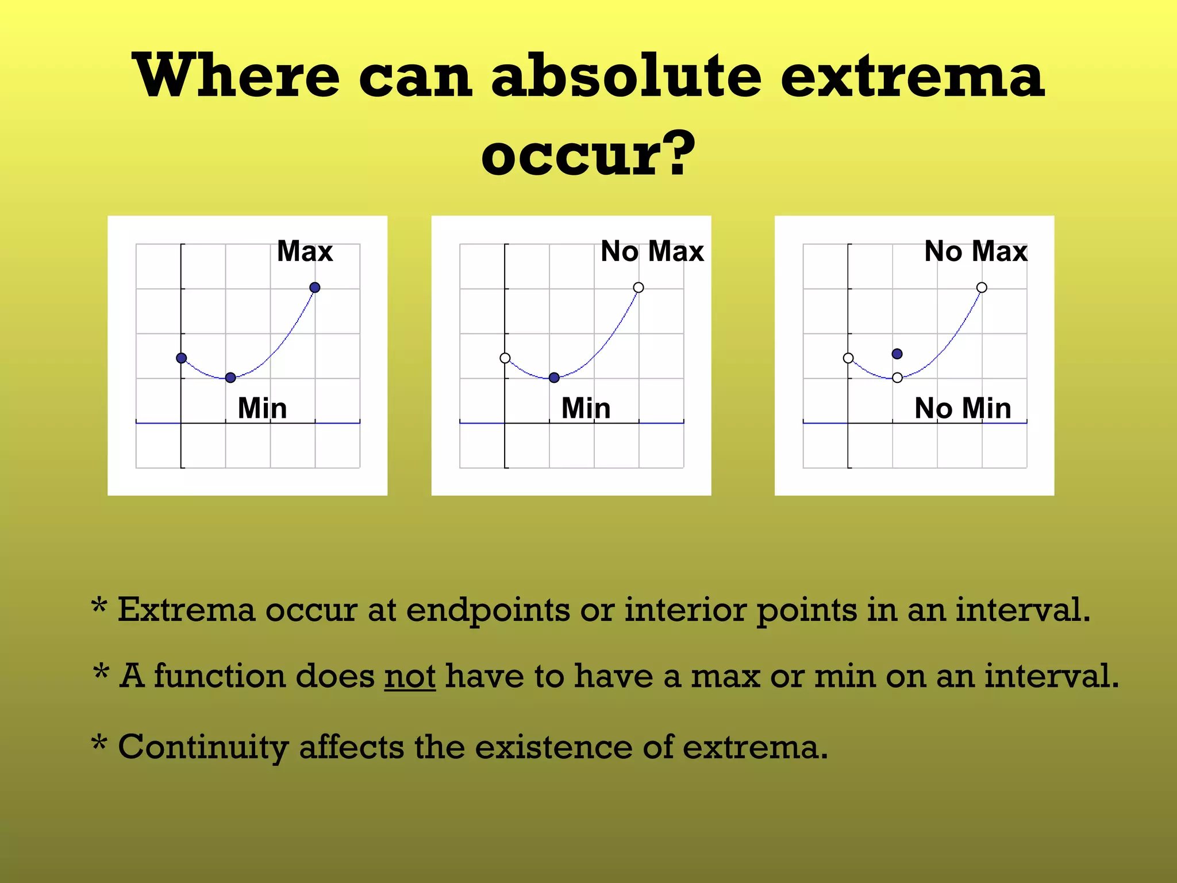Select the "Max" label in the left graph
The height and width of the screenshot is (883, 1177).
[x=305, y=251]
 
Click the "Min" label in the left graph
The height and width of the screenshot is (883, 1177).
[x=262, y=408]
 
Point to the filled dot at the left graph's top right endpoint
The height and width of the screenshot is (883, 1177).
[x=314, y=287]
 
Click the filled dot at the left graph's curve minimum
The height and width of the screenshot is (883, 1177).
[x=230, y=378]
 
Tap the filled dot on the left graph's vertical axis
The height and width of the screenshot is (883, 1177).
[x=182, y=358]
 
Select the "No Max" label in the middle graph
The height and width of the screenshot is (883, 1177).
[x=652, y=251]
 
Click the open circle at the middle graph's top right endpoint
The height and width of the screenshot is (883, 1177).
[x=638, y=287]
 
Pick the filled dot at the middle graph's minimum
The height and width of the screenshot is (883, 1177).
[x=554, y=378]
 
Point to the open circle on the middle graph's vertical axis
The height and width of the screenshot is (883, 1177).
[x=505, y=358]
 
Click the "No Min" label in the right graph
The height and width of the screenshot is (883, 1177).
[x=963, y=408]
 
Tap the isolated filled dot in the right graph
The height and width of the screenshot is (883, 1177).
[x=897, y=354]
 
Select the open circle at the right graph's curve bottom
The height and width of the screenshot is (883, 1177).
[x=897, y=378]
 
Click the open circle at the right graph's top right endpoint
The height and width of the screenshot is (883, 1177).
[x=982, y=287]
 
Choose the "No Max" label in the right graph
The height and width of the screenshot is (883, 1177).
[x=975, y=251]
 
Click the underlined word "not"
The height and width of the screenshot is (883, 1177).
[x=410, y=676]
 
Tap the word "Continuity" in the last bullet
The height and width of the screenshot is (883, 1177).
[x=203, y=747]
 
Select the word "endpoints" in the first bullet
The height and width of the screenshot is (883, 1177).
[x=488, y=611]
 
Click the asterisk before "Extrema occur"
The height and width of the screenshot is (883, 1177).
[x=99, y=606]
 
